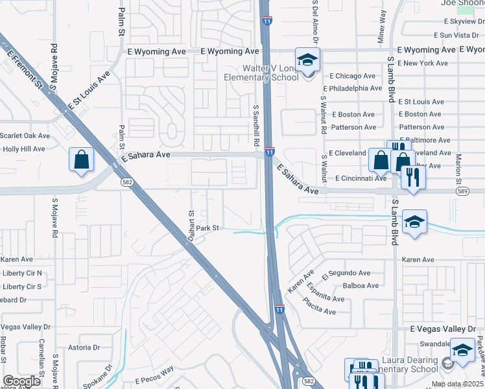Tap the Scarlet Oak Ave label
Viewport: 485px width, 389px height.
click(x=25, y=136)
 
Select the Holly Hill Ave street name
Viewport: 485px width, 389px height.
click(x=23, y=148)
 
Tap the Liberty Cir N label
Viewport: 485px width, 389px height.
click(x=21, y=273)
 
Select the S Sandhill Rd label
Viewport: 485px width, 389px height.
click(x=256, y=126)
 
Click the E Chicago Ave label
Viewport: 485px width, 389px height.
click(x=356, y=76)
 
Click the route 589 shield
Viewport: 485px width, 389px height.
click(x=462, y=191)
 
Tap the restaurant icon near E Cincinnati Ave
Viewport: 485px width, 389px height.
click(x=413, y=177)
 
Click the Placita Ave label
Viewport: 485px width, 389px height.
click(x=321, y=311)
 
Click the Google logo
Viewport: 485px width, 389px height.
click(x=21, y=381)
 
